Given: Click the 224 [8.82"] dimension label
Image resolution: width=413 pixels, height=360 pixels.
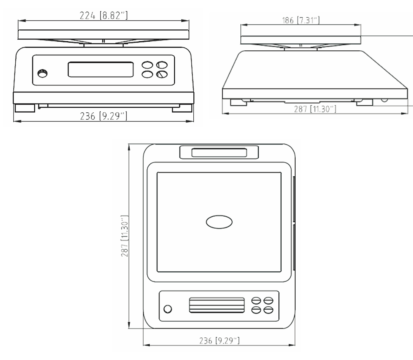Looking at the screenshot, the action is pyautogui.click(x=104, y=16).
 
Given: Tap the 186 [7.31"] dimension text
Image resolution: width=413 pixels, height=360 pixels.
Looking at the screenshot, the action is pyautogui.click(x=301, y=20).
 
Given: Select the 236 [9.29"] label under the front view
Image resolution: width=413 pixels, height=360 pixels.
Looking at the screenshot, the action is pyautogui.click(x=104, y=116).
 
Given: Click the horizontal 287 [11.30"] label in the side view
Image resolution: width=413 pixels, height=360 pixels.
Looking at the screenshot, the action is pyautogui.click(x=315, y=109).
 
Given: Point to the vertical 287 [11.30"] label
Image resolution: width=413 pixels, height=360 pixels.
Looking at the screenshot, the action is pyautogui.click(x=125, y=236).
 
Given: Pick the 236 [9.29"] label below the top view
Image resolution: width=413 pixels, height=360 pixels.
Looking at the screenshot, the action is pyautogui.click(x=219, y=341).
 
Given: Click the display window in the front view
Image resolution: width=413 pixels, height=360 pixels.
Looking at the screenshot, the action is pyautogui.click(x=101, y=69).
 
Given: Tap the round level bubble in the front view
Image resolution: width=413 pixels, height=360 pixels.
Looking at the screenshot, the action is pyautogui.click(x=43, y=73).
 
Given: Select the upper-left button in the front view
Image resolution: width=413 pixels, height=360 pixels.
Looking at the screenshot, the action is pyautogui.click(x=147, y=65).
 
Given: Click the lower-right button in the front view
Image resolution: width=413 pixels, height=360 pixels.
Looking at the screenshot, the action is pyautogui.click(x=162, y=75).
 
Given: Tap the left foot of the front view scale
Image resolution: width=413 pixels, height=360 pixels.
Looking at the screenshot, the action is pyautogui.click(x=25, y=108).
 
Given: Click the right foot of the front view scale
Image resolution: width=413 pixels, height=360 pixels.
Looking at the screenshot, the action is pyautogui.click(x=182, y=108).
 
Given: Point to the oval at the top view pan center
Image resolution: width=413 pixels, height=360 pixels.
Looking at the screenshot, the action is pyautogui.click(x=219, y=222).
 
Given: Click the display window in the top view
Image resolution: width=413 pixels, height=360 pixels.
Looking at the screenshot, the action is pyautogui.click(x=217, y=305).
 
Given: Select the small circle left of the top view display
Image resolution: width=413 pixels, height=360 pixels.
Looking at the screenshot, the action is pyautogui.click(x=168, y=309).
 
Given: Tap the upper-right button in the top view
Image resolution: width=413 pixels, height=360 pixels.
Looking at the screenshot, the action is pyautogui.click(x=268, y=301).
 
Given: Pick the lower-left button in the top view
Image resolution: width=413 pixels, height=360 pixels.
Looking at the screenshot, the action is pyautogui.click(x=256, y=310).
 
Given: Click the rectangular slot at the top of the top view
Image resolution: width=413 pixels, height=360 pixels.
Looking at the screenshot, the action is pyautogui.click(x=219, y=152).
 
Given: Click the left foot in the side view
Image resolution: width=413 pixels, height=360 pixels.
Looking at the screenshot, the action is pyautogui.click(x=239, y=102).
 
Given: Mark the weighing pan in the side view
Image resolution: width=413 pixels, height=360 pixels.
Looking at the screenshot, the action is pyautogui.click(x=301, y=40).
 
